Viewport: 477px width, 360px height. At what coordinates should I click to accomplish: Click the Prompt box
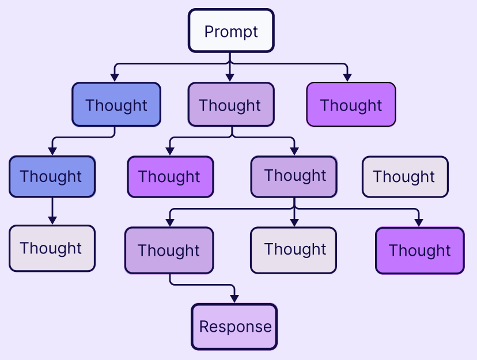tap(231, 31)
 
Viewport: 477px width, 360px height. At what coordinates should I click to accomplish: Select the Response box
tap(234, 327)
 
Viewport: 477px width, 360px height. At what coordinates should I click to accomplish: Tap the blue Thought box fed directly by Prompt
tap(116, 105)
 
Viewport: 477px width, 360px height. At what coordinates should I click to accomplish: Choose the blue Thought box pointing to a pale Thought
tap(52, 176)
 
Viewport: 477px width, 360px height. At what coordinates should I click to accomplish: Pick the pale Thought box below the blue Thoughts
tap(52, 248)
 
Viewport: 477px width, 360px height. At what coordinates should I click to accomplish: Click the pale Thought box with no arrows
tap(405, 176)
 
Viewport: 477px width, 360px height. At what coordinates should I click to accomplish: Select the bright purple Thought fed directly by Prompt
tap(351, 105)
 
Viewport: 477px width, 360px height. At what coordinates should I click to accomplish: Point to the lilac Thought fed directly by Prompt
tap(231, 105)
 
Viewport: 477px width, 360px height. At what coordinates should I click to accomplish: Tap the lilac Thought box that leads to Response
tap(169, 250)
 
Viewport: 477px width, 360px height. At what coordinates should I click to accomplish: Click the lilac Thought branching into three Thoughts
tap(294, 176)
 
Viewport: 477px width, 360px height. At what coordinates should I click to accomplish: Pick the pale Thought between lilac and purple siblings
tap(293, 250)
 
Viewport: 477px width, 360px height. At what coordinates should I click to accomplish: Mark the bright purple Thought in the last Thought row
tap(419, 250)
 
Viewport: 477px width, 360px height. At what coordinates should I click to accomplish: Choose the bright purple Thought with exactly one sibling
tap(170, 176)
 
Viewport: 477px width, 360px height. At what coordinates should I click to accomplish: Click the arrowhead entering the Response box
tap(234, 298)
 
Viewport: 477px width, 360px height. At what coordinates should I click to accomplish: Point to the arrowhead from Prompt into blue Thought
tap(115, 77)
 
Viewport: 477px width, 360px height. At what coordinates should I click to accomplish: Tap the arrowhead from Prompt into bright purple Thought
tap(347, 77)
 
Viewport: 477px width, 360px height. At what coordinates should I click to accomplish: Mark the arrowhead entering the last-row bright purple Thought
tap(419, 222)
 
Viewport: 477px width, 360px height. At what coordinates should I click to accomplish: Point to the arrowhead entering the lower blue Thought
tap(52, 150)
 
